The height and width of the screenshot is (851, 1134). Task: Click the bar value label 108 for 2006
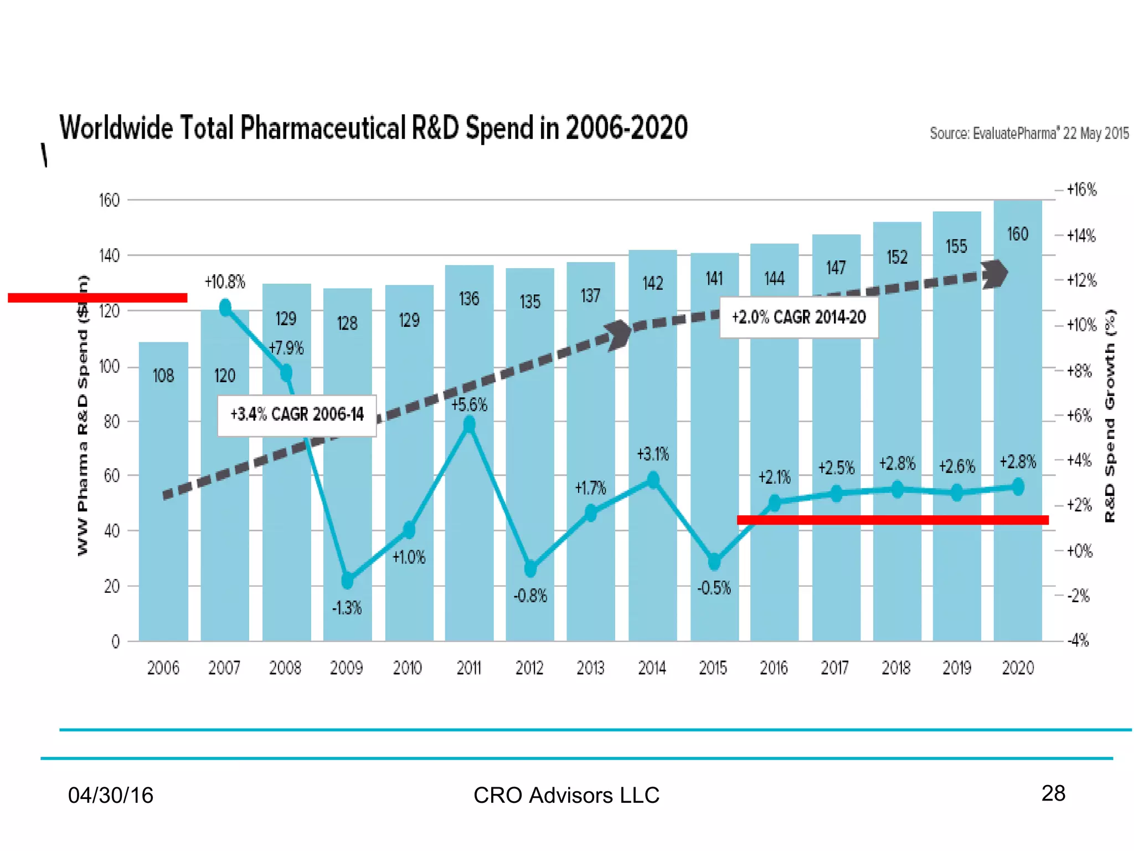pos(163,376)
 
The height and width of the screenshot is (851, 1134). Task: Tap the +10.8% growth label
pos(225,282)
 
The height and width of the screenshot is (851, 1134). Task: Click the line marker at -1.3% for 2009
pos(347,580)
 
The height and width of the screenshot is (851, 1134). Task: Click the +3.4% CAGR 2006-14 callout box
pos(297,415)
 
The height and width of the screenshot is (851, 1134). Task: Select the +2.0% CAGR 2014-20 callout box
pos(798,317)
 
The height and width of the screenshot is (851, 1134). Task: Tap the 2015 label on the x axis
pos(713,668)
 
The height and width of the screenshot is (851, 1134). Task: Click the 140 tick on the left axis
pos(109,256)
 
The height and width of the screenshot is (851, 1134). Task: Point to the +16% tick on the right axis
pos(1081,190)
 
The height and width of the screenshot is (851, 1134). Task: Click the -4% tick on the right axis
pos(1078,641)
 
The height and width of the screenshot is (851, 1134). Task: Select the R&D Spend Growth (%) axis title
pos(1110,416)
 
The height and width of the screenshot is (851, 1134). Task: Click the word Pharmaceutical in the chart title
pos(323,128)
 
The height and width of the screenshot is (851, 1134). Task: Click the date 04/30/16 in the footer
pos(110,796)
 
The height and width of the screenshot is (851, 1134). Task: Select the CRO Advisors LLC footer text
pos(566,796)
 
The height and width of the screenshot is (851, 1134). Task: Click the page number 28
pos(1053,793)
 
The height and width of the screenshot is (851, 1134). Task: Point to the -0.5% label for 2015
pos(714,588)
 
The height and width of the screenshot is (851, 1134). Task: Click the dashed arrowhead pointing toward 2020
pos(995,274)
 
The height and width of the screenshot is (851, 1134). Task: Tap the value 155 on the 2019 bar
pos(956,247)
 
